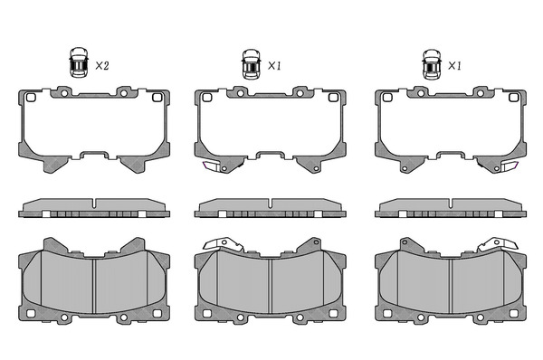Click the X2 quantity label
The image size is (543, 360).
click(x=102, y=65)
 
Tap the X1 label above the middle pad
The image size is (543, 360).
click(x=274, y=65)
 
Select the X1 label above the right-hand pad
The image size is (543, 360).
click(x=454, y=65)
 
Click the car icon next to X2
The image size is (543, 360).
click(x=79, y=62)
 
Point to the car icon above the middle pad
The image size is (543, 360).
click(x=251, y=63)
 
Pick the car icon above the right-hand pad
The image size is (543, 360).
click(x=432, y=63)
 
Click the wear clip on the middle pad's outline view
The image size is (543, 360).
click(x=210, y=166)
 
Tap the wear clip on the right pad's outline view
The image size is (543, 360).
click(x=510, y=166)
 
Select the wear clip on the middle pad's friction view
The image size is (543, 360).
click(x=223, y=243)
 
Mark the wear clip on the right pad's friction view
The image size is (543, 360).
click(x=498, y=243)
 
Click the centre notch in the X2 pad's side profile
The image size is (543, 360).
click(x=94, y=204)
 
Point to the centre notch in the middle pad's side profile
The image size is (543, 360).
click(x=270, y=204)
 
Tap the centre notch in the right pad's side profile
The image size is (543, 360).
click(x=451, y=204)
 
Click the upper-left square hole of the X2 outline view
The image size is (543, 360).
click(x=31, y=98)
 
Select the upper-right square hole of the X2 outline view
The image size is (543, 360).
click(x=157, y=98)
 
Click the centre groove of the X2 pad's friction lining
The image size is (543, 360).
click(x=94, y=286)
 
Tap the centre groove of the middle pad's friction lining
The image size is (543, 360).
click(x=270, y=286)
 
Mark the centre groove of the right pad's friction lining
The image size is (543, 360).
click(x=451, y=286)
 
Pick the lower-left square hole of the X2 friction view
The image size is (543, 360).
click(x=31, y=313)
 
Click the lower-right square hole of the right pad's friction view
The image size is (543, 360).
click(x=513, y=313)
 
